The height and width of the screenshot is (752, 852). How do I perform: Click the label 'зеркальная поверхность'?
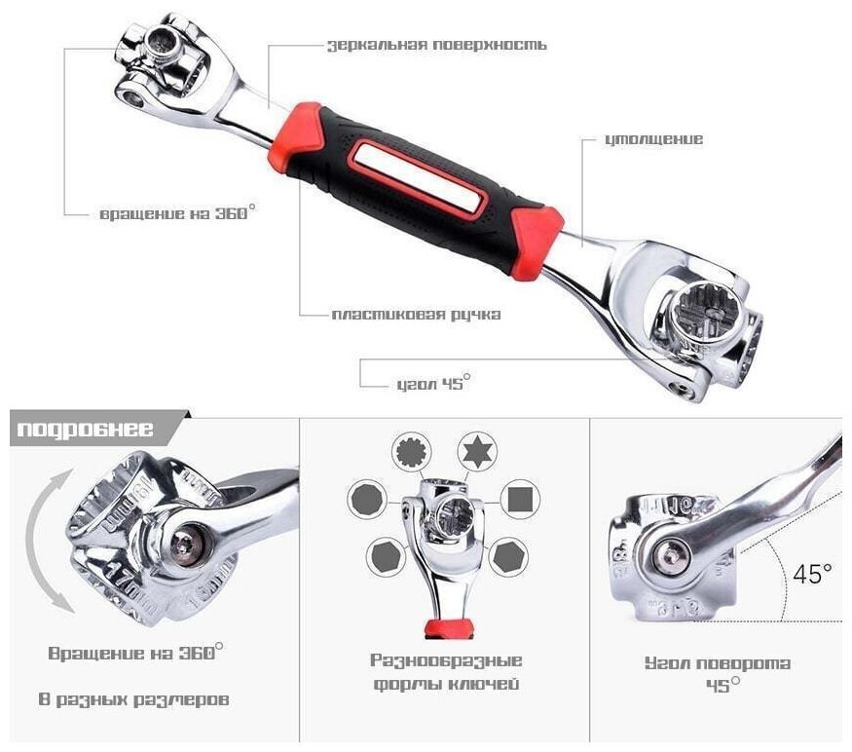(437, 45)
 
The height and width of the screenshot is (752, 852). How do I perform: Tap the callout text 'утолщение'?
(653, 139)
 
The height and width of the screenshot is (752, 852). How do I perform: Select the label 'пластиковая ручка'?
(416, 315)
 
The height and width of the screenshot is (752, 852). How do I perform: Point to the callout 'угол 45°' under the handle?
(433, 382)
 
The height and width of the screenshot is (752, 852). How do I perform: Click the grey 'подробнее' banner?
(86, 429)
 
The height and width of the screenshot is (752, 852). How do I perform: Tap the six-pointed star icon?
(476, 451)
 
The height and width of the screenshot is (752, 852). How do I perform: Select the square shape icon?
(519, 499)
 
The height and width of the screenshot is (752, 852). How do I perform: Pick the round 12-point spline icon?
(412, 451)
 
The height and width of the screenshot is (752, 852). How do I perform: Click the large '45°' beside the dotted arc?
(812, 574)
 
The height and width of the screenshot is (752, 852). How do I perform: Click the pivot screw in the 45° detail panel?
(671, 555)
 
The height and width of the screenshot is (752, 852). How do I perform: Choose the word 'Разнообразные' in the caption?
(446, 660)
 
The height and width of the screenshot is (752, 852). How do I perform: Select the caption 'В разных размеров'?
(133, 699)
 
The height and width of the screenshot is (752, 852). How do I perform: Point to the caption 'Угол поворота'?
(718, 662)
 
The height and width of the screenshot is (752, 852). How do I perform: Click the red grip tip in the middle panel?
(449, 627)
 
